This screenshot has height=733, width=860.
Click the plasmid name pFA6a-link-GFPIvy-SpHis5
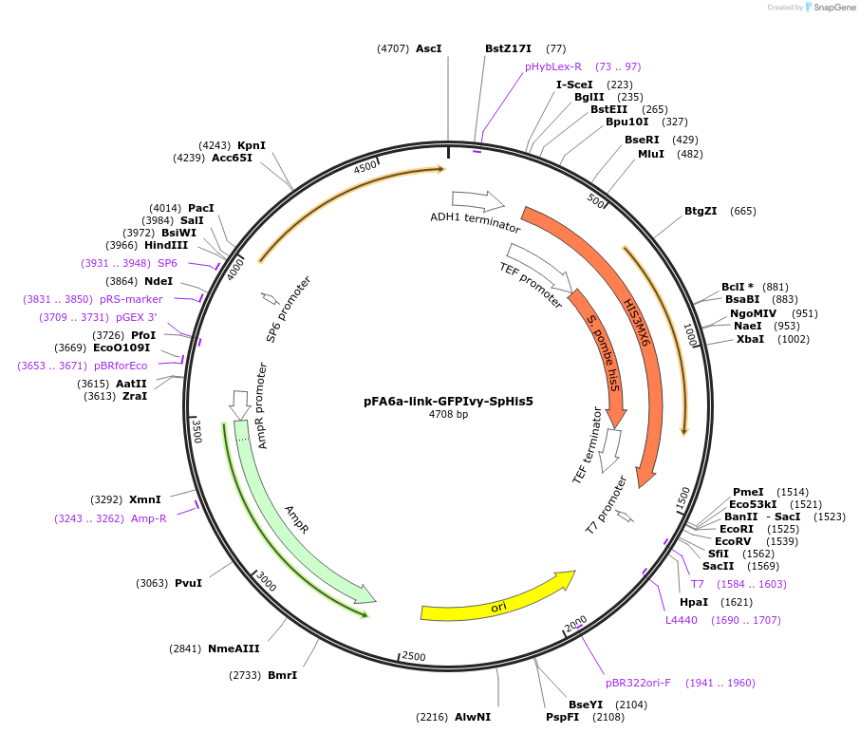[448, 401]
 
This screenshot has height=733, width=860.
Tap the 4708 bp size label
[448, 414]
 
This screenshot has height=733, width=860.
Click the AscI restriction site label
[429, 48]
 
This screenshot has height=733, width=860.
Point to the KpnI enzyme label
[252, 145]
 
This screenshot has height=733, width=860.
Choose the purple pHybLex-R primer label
[553, 66]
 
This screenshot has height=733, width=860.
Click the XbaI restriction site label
[750, 339]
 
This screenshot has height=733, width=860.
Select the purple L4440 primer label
[681, 620]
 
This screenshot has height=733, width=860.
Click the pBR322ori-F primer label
[638, 682]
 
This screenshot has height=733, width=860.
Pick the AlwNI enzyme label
[473, 717]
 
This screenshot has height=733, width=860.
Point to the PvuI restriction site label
[188, 583]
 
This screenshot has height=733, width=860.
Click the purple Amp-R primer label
[148, 518]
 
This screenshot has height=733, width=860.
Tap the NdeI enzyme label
[159, 281]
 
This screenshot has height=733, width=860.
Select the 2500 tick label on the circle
[414, 656]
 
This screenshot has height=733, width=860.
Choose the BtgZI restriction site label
[701, 211]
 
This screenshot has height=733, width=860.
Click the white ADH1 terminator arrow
[478, 200]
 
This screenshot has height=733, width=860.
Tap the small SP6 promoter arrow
[269, 298]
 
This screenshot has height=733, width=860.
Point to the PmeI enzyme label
[748, 491]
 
